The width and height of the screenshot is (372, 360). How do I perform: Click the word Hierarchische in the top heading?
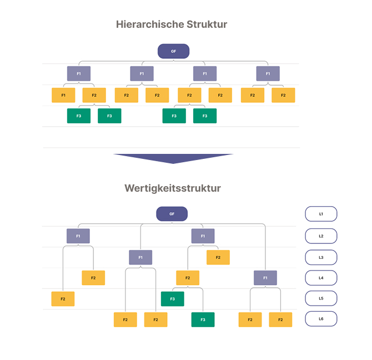click(146, 24)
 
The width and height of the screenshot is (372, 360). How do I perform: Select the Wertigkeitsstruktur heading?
click(172, 188)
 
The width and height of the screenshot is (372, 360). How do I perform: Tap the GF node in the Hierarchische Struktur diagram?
click(173, 52)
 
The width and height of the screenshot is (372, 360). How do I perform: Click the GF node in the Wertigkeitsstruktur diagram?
click(172, 214)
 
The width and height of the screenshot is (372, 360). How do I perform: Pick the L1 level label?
click(321, 214)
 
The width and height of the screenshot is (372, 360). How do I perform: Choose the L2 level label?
click(321, 236)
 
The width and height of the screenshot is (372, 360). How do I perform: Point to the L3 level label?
click(321, 257)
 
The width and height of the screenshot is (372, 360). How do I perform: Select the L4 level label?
click(321, 278)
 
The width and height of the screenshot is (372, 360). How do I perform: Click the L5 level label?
click(321, 298)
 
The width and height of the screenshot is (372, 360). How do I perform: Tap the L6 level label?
click(321, 319)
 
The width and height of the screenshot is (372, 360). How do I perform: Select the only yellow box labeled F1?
click(63, 95)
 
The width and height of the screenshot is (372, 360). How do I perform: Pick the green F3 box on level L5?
click(172, 299)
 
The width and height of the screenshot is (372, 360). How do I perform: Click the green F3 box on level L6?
click(203, 319)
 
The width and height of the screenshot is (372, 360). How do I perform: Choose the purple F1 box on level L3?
click(140, 257)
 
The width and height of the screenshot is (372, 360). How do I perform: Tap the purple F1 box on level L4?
click(265, 278)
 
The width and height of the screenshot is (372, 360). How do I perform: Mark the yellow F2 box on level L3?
click(218, 257)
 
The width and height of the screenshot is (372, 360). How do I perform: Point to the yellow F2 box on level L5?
click(63, 299)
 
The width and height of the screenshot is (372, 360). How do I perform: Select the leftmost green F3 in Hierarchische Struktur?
click(78, 116)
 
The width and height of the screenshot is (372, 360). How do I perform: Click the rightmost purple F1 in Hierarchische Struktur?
click(268, 73)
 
